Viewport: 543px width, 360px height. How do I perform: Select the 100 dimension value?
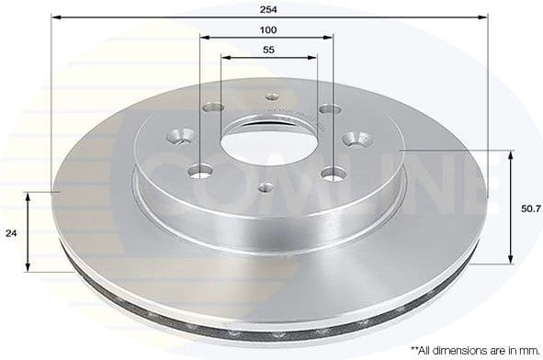click(x=268, y=29)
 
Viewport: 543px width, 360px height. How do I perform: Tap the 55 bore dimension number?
click(x=268, y=51)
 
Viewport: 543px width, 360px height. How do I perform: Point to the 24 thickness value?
click(x=12, y=233)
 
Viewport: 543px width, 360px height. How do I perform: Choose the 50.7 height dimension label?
click(x=530, y=209)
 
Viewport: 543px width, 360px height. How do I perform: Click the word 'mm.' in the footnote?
click(x=526, y=350)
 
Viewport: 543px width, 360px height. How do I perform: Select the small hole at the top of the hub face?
click(x=271, y=96)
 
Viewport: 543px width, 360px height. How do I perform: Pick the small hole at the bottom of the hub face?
click(x=265, y=187)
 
